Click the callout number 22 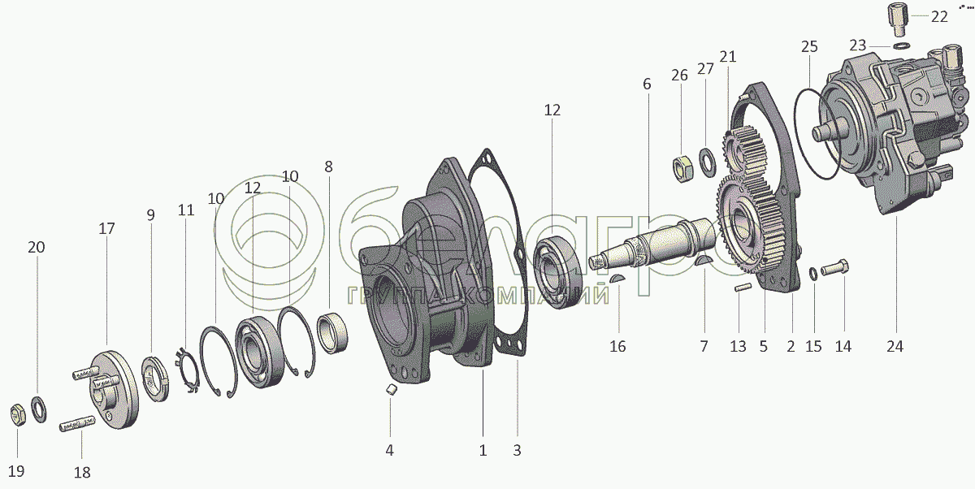click(x=939, y=16)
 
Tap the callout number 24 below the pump click(x=895, y=346)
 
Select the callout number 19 click(x=15, y=471)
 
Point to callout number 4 click(x=389, y=449)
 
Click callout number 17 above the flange click(x=106, y=229)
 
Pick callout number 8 click(x=328, y=167)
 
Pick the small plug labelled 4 click(x=391, y=391)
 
